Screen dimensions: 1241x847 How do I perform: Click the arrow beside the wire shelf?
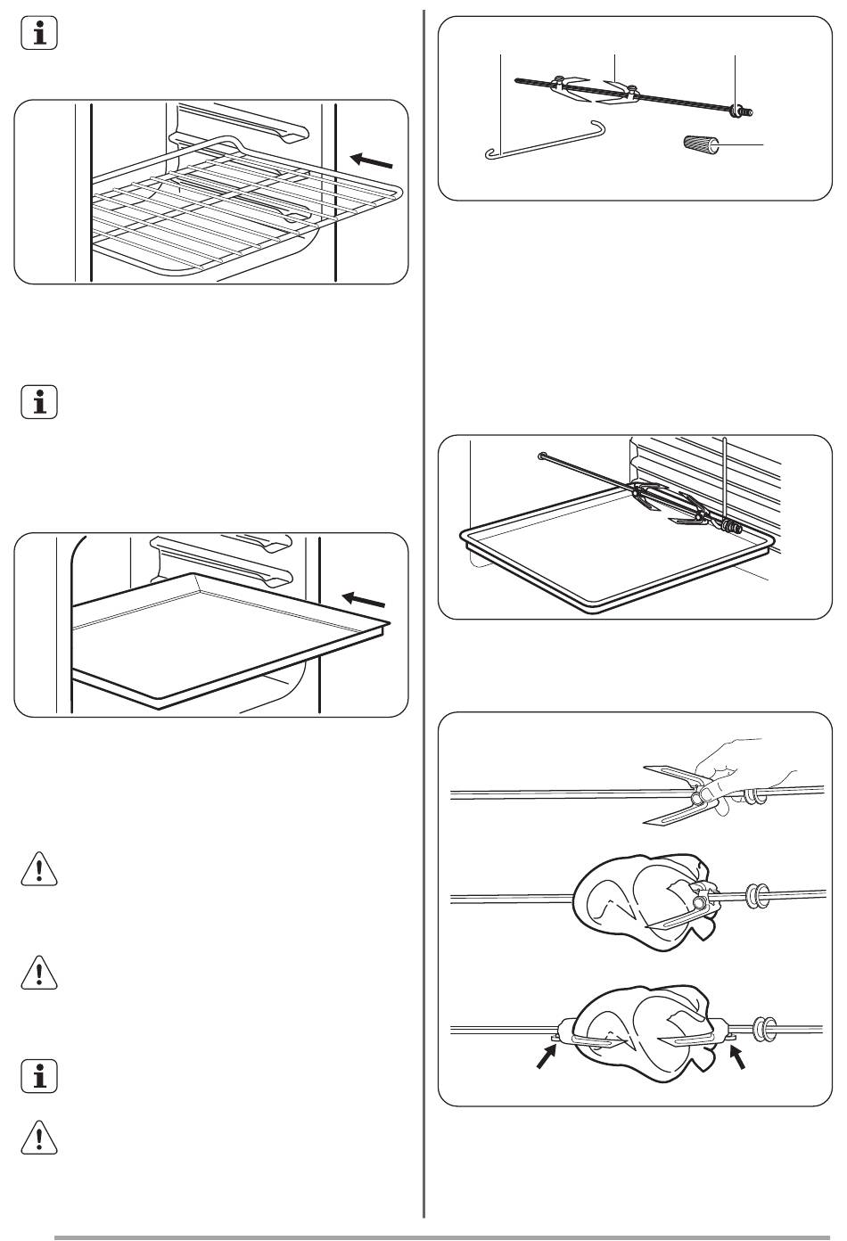click(x=371, y=160)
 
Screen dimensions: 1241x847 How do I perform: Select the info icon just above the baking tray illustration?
click(x=38, y=402)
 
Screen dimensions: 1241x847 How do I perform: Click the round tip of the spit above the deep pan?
click(x=542, y=456)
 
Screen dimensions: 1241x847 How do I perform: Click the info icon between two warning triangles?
click(x=38, y=1076)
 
